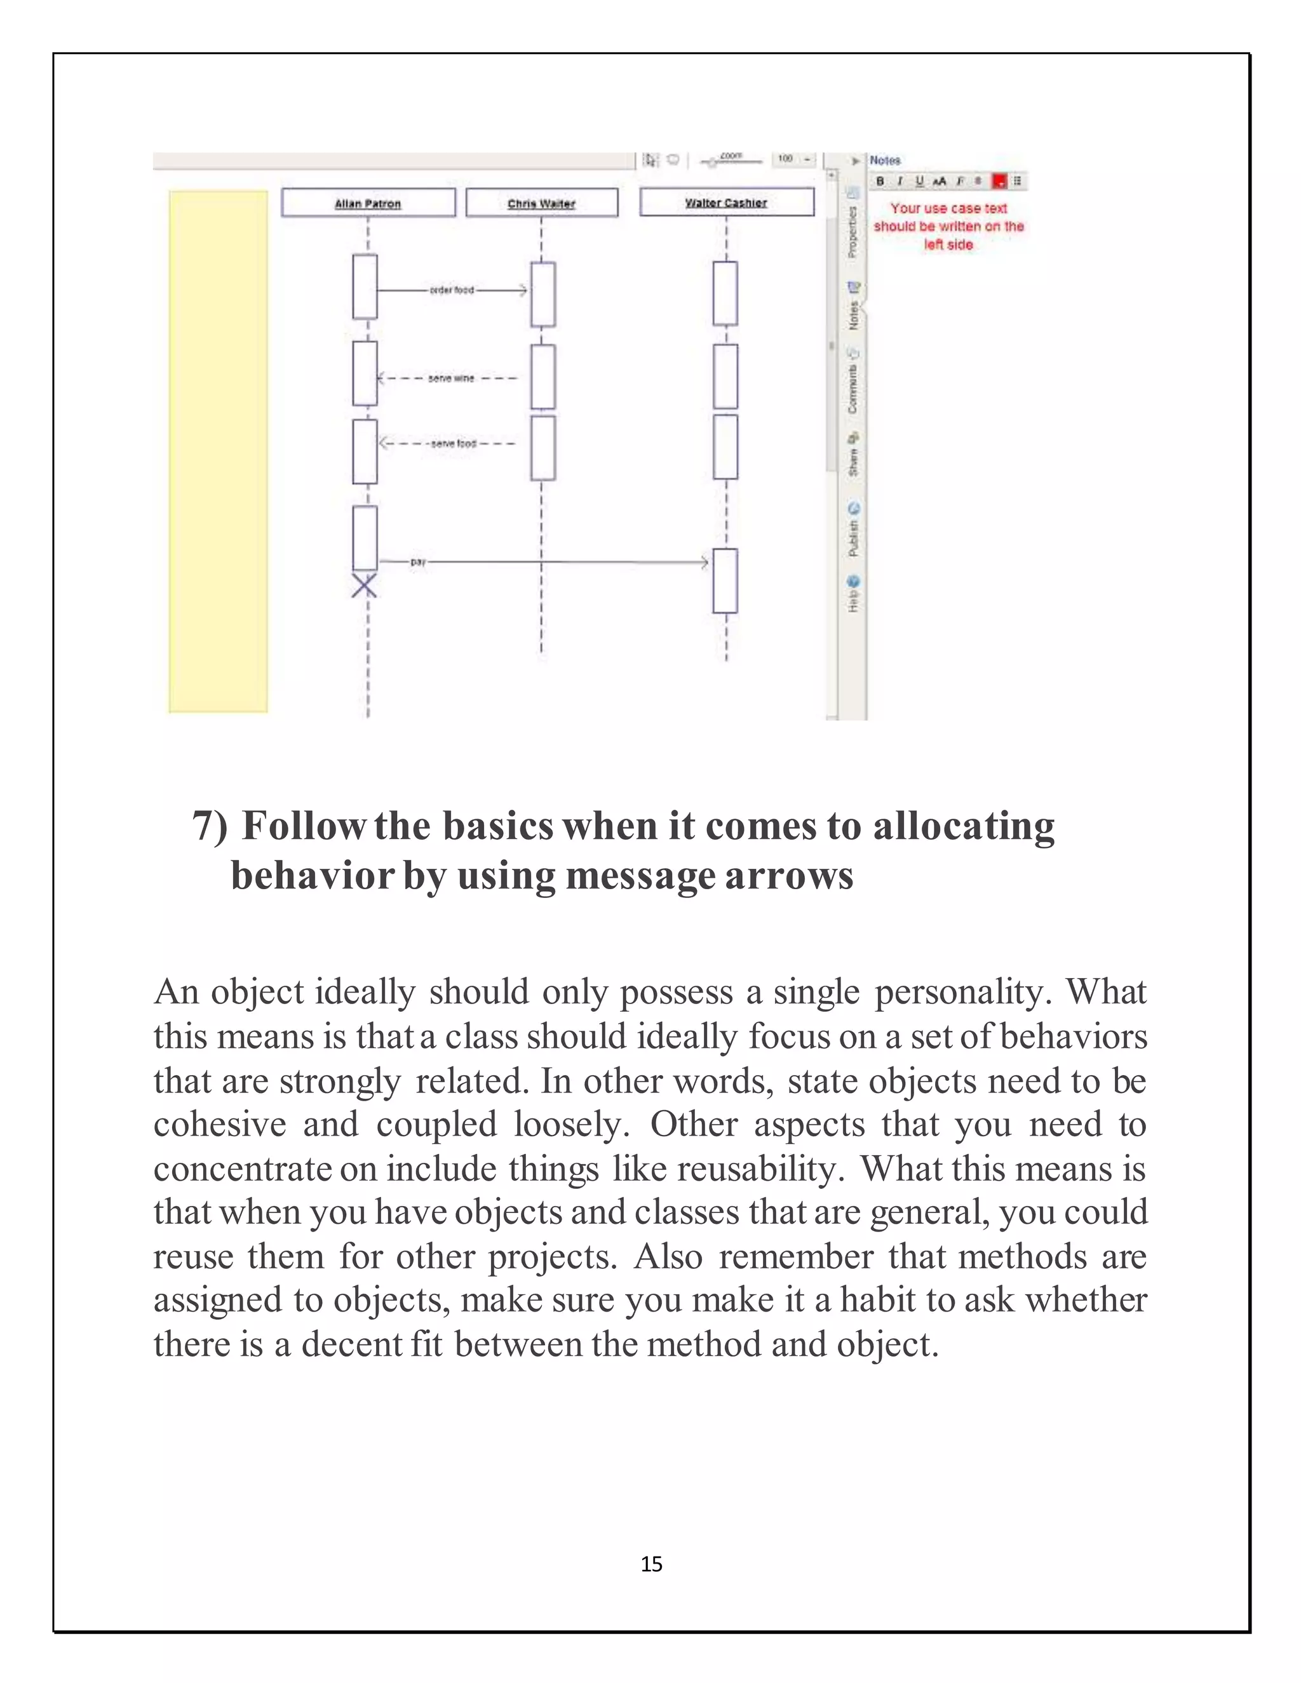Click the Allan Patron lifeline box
[368, 203]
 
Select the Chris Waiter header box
[541, 203]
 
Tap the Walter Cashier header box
[726, 202]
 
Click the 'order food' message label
[452, 290]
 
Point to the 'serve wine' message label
[451, 379]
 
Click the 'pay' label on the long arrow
[417, 563]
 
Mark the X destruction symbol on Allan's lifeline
[365, 586]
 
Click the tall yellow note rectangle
[218, 451]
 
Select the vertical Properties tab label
[853, 231]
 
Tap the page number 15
[651, 1564]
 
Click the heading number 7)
[210, 826]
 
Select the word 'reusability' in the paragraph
[756, 1169]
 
